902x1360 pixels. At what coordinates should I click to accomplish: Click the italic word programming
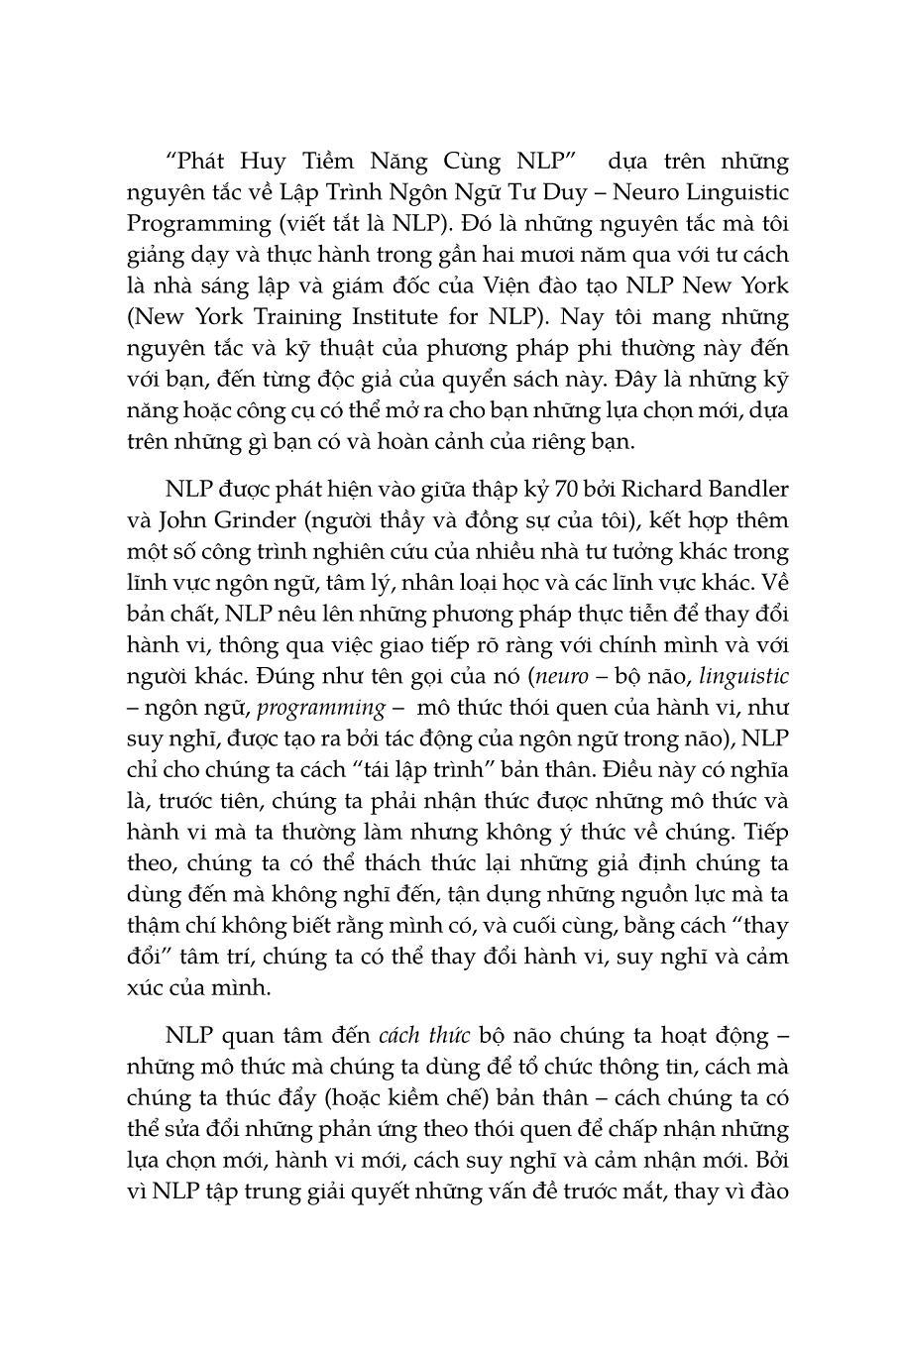[323, 708]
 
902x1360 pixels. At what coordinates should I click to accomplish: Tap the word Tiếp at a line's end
[766, 832]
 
